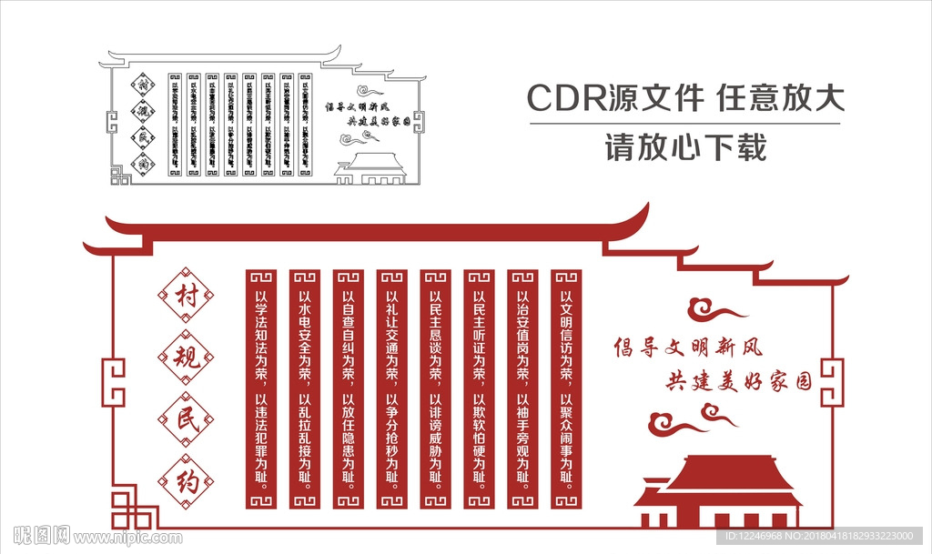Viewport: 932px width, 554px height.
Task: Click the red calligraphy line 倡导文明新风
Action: click(688, 348)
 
